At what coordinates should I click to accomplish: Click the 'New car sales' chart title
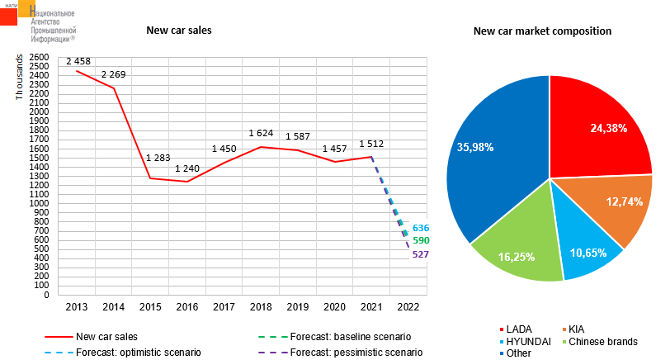point(179,31)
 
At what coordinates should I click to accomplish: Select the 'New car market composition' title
point(542,31)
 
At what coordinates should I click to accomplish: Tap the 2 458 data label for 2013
point(78,61)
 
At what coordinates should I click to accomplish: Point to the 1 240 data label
point(187,169)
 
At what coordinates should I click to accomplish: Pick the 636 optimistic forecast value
point(421,228)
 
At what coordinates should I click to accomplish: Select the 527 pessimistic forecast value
point(421,254)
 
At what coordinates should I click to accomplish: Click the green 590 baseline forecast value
point(421,240)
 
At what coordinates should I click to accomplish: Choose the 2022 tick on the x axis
point(407,306)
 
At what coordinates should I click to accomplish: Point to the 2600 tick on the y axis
point(38,57)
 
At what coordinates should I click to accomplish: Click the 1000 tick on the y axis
point(38,203)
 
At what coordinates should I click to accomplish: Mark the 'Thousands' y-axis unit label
point(20,78)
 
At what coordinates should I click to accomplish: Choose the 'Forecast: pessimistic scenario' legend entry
point(356,352)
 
